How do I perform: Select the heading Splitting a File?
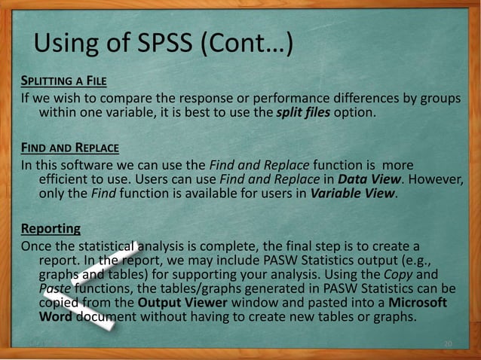coord(60,82)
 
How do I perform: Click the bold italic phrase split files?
coord(303,113)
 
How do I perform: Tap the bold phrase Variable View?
coord(348,194)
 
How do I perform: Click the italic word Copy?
coord(416,274)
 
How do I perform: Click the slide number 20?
coord(448,345)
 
